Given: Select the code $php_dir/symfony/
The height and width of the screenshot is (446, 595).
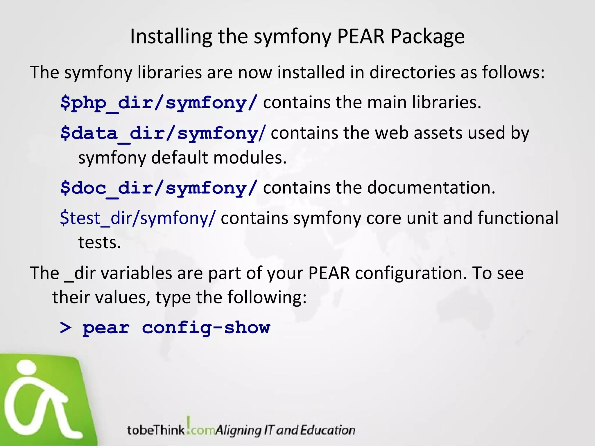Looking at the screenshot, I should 159,103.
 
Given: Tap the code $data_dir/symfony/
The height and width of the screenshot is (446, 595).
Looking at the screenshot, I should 163,133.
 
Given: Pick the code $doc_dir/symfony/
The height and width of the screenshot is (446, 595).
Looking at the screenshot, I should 159,188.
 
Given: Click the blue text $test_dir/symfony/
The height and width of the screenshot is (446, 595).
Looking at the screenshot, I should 138,218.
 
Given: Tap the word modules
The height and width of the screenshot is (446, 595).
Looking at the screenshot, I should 250,158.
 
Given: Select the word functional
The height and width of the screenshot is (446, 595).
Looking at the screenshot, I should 518,218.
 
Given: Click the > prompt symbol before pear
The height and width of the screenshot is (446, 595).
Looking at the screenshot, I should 66,328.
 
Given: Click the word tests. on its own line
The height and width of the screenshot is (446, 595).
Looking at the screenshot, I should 99,242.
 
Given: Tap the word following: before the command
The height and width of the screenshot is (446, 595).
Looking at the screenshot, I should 267,297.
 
